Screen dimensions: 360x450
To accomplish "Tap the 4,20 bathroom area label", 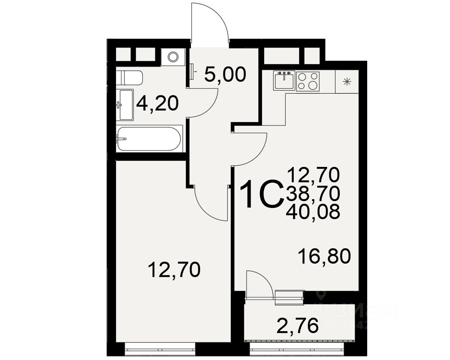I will pos(157,103).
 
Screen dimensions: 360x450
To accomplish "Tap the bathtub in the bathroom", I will pos(149,139).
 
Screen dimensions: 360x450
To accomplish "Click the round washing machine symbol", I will pos(173,57).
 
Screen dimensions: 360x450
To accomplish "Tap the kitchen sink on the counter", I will pos(284,81).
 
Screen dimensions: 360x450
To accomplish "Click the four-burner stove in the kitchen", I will pos(308,81).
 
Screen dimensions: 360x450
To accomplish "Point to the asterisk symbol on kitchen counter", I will pos(347,81).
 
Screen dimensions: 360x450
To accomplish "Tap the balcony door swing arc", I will pos(259,283).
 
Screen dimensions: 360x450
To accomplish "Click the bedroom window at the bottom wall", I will pos(160,346).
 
